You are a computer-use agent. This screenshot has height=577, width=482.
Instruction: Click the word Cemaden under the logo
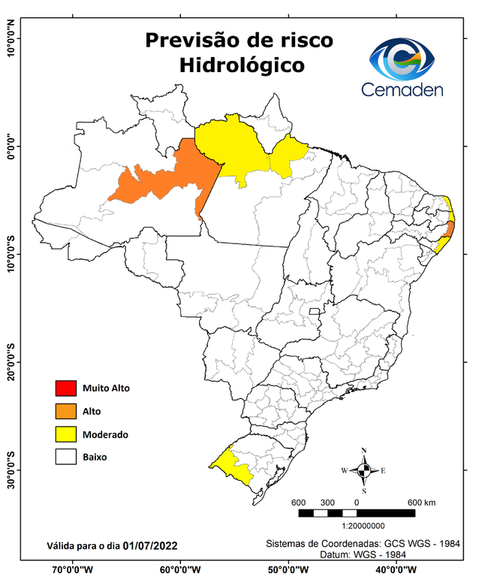point(402,90)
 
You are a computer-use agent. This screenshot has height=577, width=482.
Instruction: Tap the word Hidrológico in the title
point(242,65)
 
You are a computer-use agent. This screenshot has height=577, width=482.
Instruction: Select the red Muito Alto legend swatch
point(65,388)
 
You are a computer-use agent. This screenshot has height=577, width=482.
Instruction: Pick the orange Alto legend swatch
point(65,411)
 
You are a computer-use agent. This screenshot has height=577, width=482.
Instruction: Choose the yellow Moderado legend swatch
point(65,434)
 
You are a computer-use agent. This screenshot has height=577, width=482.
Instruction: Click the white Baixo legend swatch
point(65,457)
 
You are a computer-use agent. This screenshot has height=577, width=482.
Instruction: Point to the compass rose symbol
point(363,470)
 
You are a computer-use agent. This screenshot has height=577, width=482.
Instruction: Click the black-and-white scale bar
point(356,512)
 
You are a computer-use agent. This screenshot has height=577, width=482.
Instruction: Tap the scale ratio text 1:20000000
point(364,526)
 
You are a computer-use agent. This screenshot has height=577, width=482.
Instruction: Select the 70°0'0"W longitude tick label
point(73,569)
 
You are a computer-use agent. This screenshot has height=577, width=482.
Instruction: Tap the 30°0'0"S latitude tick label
point(11,470)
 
